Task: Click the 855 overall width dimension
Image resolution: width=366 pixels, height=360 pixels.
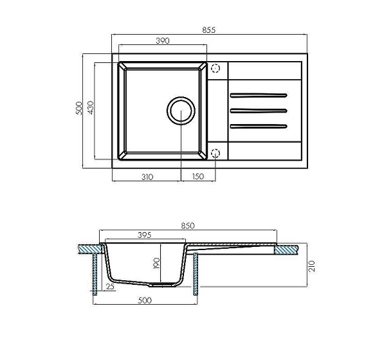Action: click(209, 30)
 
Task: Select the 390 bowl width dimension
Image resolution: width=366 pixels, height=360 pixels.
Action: click(163, 41)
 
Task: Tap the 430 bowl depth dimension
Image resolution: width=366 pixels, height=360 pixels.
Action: click(91, 107)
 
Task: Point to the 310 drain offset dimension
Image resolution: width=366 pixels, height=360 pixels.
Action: click(147, 177)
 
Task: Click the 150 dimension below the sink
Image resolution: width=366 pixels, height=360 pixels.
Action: click(198, 177)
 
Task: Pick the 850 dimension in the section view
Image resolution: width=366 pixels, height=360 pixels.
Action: click(188, 226)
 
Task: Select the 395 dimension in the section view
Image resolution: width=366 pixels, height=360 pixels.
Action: click(145, 235)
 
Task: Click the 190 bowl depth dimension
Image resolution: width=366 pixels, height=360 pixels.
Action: click(156, 263)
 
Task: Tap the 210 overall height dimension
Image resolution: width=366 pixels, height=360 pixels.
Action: click(312, 266)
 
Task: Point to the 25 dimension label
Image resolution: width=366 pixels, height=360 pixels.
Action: click(110, 287)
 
